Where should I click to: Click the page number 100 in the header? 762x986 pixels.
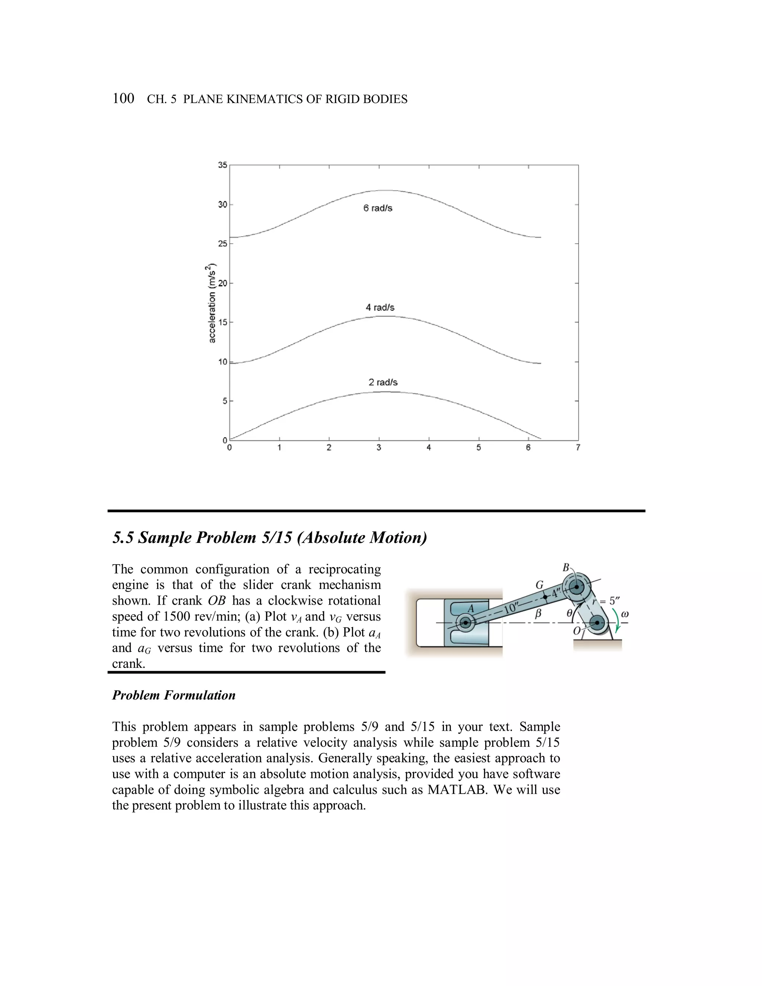tap(123, 99)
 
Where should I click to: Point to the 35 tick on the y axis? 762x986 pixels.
tap(222, 165)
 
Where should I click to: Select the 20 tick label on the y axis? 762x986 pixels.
tap(222, 284)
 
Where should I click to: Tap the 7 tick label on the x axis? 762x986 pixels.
tap(578, 448)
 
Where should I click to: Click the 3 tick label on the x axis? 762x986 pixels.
tap(379, 448)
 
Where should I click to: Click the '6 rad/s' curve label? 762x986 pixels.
tap(378, 208)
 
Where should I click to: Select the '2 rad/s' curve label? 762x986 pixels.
tap(383, 382)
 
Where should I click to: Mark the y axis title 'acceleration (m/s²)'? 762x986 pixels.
tap(211, 303)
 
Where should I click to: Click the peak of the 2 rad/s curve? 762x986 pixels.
tap(384, 392)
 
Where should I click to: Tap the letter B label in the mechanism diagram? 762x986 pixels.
tap(566, 567)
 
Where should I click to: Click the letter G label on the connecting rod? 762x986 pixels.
tap(540, 585)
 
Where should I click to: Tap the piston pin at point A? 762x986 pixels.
tap(465, 623)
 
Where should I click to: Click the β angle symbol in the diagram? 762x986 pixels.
tap(538, 614)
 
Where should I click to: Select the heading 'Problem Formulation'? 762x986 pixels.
tap(174, 695)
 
